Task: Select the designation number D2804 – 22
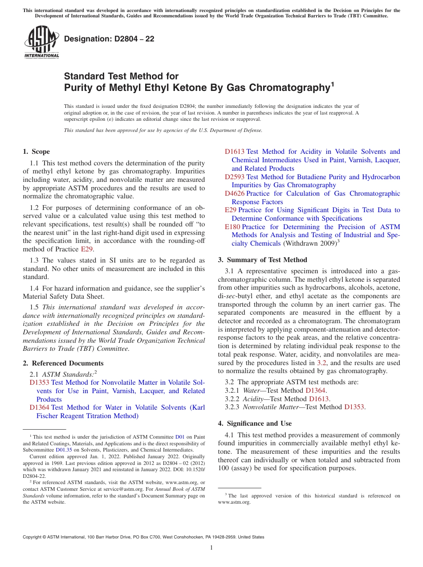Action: point(109,39)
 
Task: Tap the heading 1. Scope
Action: point(37,152)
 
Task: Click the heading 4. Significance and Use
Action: point(255,423)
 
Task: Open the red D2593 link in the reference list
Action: point(234,177)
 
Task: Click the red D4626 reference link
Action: point(234,193)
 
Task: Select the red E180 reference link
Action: point(232,227)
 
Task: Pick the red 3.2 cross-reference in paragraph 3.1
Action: point(321,363)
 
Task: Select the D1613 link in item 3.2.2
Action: point(319,399)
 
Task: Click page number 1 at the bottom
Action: point(211,548)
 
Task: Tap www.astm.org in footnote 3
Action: point(234,502)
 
